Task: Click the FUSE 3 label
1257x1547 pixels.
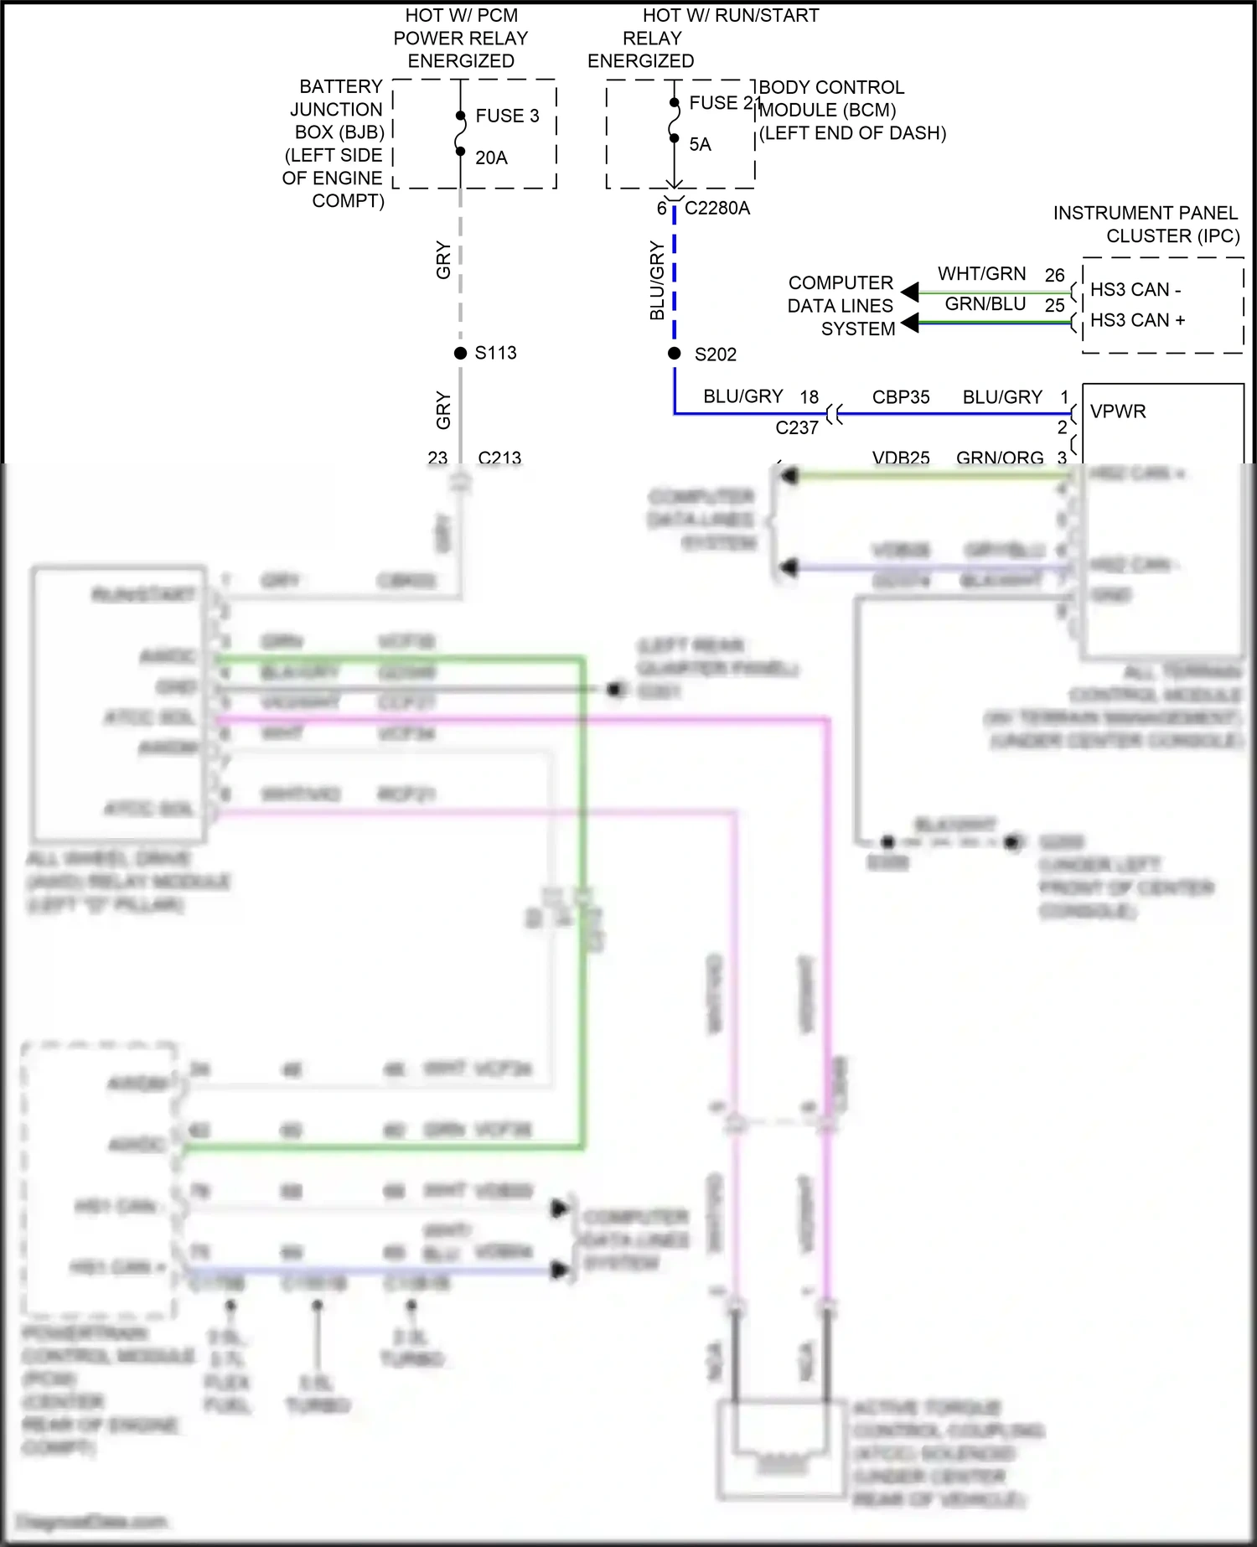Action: pos(507,116)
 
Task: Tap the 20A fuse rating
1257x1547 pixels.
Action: pos(491,158)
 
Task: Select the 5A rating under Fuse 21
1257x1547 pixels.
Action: pos(700,144)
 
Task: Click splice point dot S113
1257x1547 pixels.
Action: pos(460,353)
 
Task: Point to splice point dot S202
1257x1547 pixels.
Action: pos(674,354)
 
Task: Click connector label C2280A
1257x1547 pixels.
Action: pos(717,208)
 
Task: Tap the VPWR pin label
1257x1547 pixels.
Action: pos(1118,411)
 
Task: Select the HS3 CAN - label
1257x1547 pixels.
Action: pos(1135,290)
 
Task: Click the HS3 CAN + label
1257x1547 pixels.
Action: pos(1137,320)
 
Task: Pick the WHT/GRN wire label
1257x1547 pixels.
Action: pos(981,274)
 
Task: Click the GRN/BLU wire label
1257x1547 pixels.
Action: pos(985,304)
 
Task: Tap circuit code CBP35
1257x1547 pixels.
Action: pos(901,397)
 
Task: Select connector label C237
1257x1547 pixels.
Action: pos(796,427)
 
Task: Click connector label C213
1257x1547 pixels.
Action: pos(499,458)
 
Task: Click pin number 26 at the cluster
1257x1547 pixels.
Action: pos(1054,275)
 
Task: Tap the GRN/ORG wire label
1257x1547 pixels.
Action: pos(1000,458)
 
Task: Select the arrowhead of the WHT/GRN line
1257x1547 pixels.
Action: pos(910,292)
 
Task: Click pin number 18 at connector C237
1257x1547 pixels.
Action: pos(809,397)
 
